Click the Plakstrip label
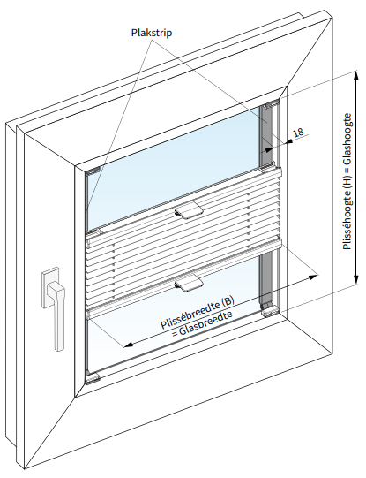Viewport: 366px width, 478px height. [x=152, y=33]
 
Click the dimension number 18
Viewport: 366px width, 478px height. [x=299, y=133]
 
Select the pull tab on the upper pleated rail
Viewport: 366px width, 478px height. [x=189, y=211]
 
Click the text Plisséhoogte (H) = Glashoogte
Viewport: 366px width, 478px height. [x=347, y=182]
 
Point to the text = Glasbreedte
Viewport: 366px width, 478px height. [x=202, y=323]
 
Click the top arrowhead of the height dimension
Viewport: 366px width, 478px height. [x=355, y=78]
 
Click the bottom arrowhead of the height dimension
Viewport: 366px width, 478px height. [x=355, y=277]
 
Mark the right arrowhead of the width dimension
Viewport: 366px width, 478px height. [x=313, y=277]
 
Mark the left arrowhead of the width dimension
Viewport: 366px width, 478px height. [x=130, y=344]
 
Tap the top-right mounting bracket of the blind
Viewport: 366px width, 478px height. [x=272, y=104]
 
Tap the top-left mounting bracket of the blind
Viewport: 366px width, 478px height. [x=93, y=171]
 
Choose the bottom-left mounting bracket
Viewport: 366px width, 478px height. [x=93, y=379]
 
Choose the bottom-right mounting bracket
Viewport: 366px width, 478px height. [x=270, y=310]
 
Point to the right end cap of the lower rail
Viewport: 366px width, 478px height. [x=280, y=243]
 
